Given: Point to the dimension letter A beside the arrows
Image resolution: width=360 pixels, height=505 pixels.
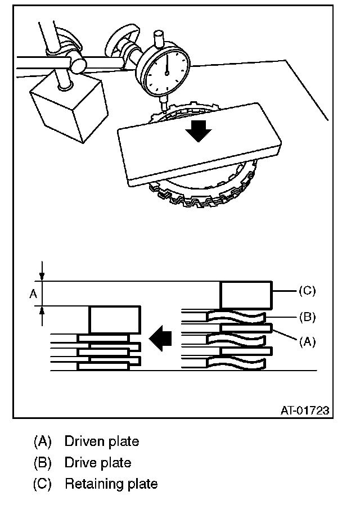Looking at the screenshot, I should (33, 293).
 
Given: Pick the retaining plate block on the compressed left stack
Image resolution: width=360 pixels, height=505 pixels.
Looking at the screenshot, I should (114, 320).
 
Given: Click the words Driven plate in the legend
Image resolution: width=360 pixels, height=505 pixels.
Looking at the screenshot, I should (101, 441).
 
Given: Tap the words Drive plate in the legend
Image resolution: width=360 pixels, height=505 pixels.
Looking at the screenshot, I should (98, 462).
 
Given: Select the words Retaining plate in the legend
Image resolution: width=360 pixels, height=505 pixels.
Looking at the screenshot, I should (111, 484).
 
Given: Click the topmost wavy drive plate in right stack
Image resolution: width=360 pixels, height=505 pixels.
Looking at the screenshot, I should (236, 318).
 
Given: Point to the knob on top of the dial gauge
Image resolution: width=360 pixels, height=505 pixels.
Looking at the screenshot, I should (159, 39).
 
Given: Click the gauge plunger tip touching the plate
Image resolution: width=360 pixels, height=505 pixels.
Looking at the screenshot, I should (163, 107).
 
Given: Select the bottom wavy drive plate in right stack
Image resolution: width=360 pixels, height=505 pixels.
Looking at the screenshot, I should (236, 363).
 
